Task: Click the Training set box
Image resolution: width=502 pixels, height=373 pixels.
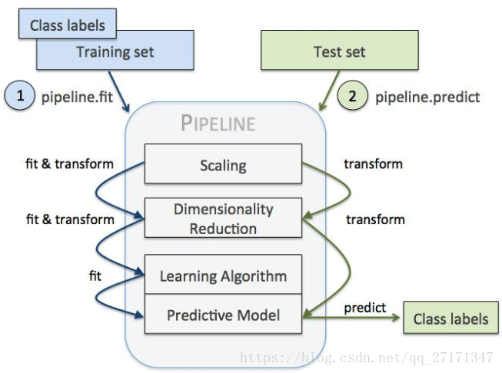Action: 115,52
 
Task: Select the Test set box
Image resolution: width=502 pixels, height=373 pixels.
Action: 339,52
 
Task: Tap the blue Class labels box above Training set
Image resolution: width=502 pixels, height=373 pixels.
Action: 67,25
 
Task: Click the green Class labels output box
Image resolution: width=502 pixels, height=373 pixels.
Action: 450,319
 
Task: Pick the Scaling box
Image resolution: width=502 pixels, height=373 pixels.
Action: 223,164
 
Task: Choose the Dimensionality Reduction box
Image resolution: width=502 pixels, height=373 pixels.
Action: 223,219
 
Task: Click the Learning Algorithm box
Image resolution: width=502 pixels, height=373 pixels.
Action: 223,276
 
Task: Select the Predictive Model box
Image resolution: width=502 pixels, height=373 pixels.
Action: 223,315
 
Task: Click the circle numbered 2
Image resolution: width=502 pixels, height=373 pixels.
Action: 353,97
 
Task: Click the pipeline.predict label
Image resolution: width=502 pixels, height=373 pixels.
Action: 427,97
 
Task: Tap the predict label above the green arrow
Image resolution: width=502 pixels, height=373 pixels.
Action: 364,307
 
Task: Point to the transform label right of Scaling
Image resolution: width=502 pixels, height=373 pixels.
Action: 373,163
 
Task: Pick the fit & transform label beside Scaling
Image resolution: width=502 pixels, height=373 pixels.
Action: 70,163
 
